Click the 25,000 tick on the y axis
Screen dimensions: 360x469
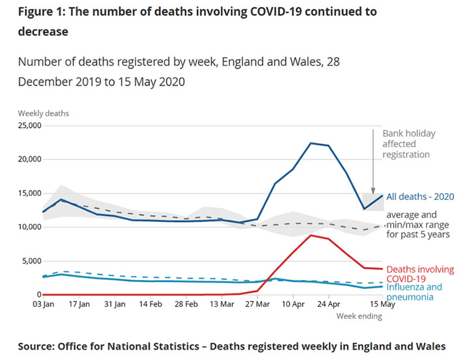coord(30,125)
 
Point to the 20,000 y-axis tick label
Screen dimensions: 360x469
coord(30,159)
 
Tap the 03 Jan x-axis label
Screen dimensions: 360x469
coord(44,304)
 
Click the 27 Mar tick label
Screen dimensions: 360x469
coord(259,304)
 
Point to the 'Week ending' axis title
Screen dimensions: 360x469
coord(359,316)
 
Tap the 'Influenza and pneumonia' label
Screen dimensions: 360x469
coord(414,292)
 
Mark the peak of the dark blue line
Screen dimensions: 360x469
coord(311,143)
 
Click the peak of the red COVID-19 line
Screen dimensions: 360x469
coord(311,235)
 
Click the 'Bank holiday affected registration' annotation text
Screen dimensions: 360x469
coord(408,144)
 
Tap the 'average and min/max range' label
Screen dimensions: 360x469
coord(418,225)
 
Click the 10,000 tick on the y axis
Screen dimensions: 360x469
coord(30,227)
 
